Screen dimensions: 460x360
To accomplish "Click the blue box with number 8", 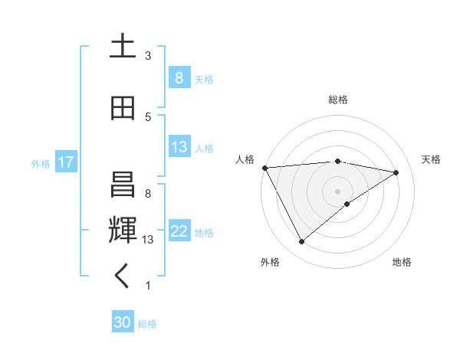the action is click(179, 78).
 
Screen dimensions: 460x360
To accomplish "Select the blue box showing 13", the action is click(179, 147).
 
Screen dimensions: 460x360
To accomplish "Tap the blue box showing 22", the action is click(179, 231).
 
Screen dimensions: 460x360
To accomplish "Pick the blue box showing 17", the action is click(65, 162).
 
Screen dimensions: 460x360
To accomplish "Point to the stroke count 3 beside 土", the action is click(148, 56).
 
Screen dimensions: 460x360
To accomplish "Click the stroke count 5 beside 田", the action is click(148, 117).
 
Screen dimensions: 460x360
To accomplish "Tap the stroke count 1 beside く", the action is click(148, 286).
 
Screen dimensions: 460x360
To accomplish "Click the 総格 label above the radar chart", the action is click(338, 100).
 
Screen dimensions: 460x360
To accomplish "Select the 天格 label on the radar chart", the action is click(431, 159).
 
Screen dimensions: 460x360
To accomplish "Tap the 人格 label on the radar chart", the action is click(245, 159).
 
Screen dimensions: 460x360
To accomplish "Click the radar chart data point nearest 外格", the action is click(301, 242).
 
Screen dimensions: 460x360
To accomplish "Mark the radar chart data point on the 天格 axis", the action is click(396, 172).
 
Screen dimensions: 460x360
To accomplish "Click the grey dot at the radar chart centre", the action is click(338, 191).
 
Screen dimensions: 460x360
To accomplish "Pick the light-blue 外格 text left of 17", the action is click(40, 163).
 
